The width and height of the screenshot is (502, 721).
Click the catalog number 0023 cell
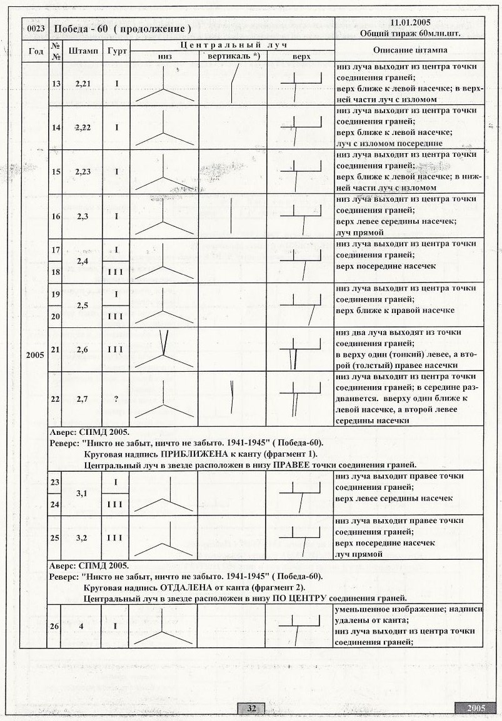click(x=35, y=29)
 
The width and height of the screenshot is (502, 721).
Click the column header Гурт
click(x=116, y=51)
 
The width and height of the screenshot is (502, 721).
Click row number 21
click(x=55, y=350)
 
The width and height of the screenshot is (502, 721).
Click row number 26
click(x=55, y=626)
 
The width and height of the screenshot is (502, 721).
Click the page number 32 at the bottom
click(x=251, y=708)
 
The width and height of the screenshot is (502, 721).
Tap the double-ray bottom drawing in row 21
click(x=163, y=349)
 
